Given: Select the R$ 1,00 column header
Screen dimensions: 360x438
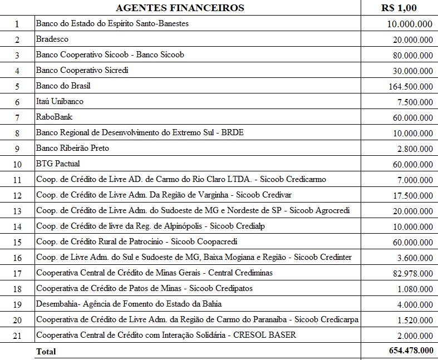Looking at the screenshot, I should pyautogui.click(x=398, y=8).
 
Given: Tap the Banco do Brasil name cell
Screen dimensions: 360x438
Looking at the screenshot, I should pyautogui.click(x=63, y=86).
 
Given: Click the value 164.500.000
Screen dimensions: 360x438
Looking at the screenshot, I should pyautogui.click(x=411, y=87).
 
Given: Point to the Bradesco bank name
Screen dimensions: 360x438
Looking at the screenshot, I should pyautogui.click(x=52, y=40).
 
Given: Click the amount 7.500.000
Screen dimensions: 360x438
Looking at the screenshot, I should pyautogui.click(x=415, y=102).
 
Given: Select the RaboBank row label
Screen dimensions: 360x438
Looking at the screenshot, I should pyautogui.click(x=54, y=117).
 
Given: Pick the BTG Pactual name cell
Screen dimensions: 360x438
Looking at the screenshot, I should pyautogui.click(x=58, y=164).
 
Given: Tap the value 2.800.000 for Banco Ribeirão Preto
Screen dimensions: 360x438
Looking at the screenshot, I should pyautogui.click(x=415, y=149).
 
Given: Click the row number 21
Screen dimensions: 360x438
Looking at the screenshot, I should pyautogui.click(x=17, y=336).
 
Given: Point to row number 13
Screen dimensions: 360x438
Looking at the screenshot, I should pyautogui.click(x=17, y=211).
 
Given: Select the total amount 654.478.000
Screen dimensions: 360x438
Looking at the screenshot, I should pyautogui.click(x=410, y=351).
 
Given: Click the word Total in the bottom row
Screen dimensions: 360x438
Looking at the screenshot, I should pyautogui.click(x=46, y=352).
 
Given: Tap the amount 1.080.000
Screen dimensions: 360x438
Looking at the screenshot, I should pyautogui.click(x=415, y=289).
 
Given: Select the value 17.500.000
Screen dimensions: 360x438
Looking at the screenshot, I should pyautogui.click(x=412, y=196).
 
